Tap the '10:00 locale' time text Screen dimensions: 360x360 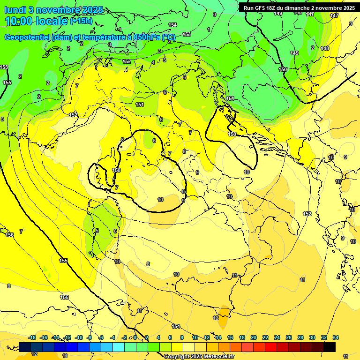coord(37,21)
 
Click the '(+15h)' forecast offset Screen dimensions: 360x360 coord(81,21)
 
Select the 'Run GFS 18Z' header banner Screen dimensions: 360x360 coord(299,8)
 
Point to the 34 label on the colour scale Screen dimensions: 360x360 coord(336,337)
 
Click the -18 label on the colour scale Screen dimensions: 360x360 coord(32,337)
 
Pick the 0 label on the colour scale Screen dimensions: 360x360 coord(135,337)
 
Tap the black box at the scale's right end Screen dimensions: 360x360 coord(330,347)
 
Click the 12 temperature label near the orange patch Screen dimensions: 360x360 coord(216,318)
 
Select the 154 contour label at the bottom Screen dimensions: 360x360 coord(176,326)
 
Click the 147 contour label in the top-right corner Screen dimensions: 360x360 coord(334,15)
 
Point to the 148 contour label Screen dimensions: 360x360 coord(325,48)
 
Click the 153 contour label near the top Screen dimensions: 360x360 coord(187,34)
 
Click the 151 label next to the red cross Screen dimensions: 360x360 coord(230,98)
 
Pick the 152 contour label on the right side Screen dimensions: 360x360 coord(307,214)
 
